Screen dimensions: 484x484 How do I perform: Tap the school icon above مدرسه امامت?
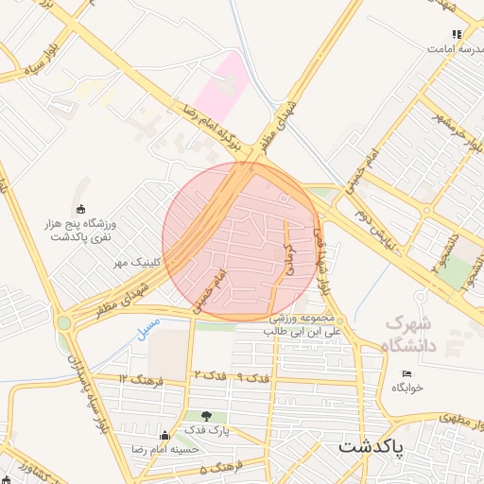click(457, 34)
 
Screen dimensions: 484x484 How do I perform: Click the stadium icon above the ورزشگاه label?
click(80, 209)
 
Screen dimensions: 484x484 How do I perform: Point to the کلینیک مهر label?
click(138, 259)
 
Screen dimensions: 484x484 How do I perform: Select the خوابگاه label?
click(407, 388)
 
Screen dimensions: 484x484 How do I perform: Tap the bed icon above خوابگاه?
click(407, 374)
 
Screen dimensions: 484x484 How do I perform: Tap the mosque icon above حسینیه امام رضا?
click(165, 436)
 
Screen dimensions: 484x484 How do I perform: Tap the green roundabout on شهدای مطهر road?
click(63, 323)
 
